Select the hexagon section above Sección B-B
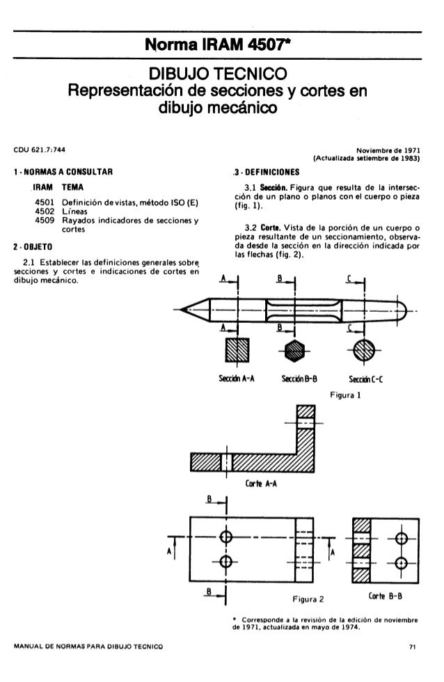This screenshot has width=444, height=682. [292, 350]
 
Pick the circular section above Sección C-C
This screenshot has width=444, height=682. [364, 350]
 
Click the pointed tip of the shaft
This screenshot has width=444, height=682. [182, 309]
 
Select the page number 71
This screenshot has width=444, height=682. [413, 648]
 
